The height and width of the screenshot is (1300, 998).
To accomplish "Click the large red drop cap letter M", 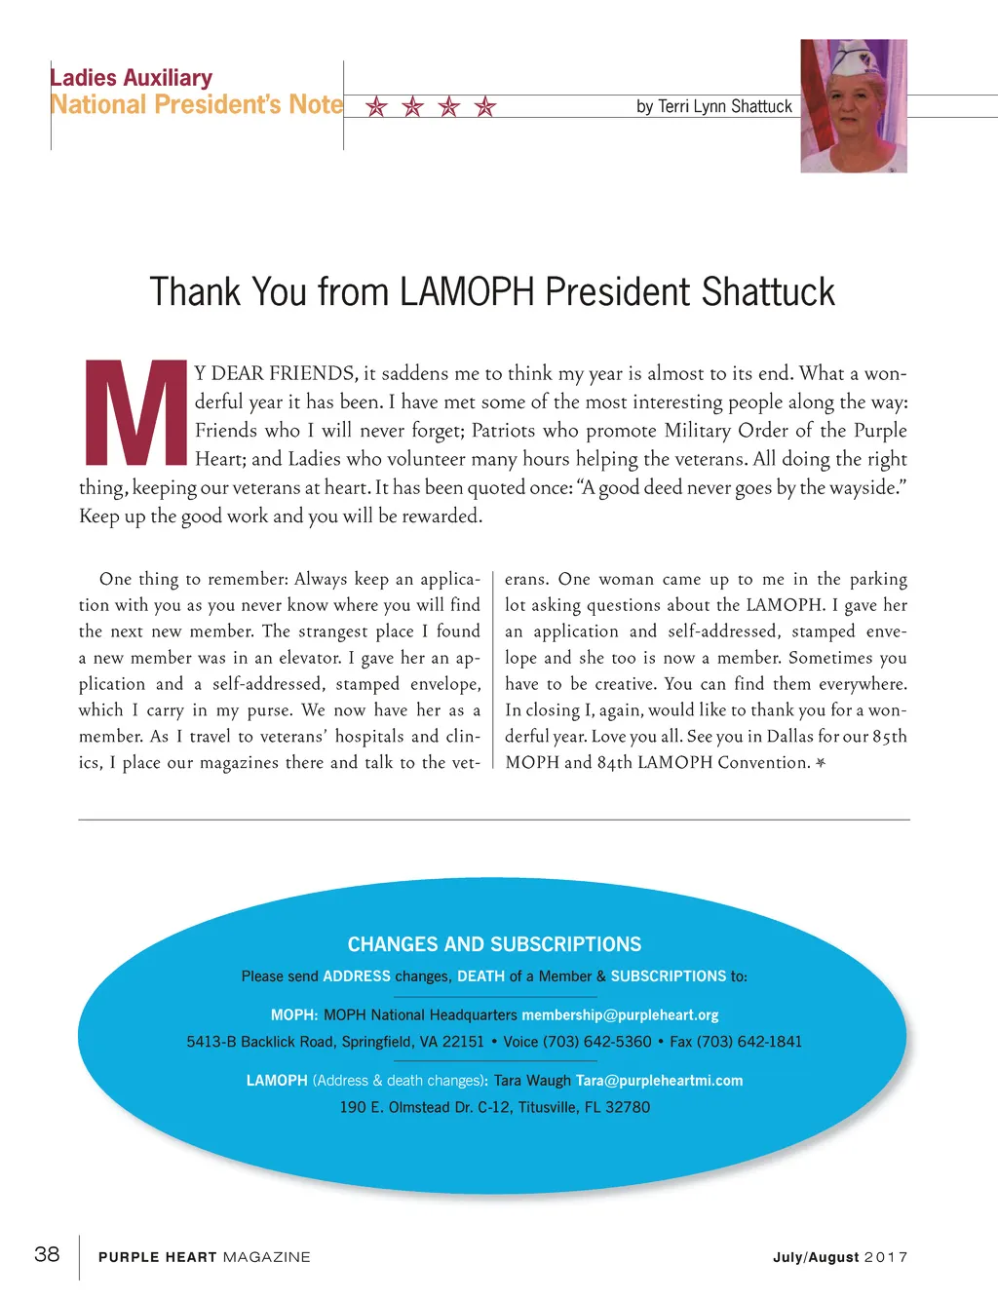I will (134, 412).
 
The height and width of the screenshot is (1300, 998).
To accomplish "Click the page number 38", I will (47, 1254).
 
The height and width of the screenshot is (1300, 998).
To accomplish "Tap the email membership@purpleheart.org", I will (620, 1014).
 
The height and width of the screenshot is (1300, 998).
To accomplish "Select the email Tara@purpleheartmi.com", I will (659, 1081).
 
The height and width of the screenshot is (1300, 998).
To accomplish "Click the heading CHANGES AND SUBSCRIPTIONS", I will (494, 944).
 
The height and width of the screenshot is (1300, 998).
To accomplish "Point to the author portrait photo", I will (854, 106).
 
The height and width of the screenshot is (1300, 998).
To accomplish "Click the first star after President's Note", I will (376, 107).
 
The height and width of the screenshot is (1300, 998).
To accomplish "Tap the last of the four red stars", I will (484, 107).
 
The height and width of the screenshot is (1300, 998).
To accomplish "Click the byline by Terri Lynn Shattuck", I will (713, 106).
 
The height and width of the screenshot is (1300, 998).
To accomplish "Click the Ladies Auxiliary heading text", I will (132, 78).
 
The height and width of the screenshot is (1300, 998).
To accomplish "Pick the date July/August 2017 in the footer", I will (840, 1257).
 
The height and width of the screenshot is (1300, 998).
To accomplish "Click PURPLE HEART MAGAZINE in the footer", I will (204, 1257).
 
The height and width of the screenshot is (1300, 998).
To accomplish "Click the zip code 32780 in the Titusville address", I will (629, 1107).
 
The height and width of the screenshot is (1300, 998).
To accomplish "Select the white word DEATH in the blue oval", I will (480, 976).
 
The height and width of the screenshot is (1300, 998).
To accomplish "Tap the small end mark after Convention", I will (821, 763).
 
